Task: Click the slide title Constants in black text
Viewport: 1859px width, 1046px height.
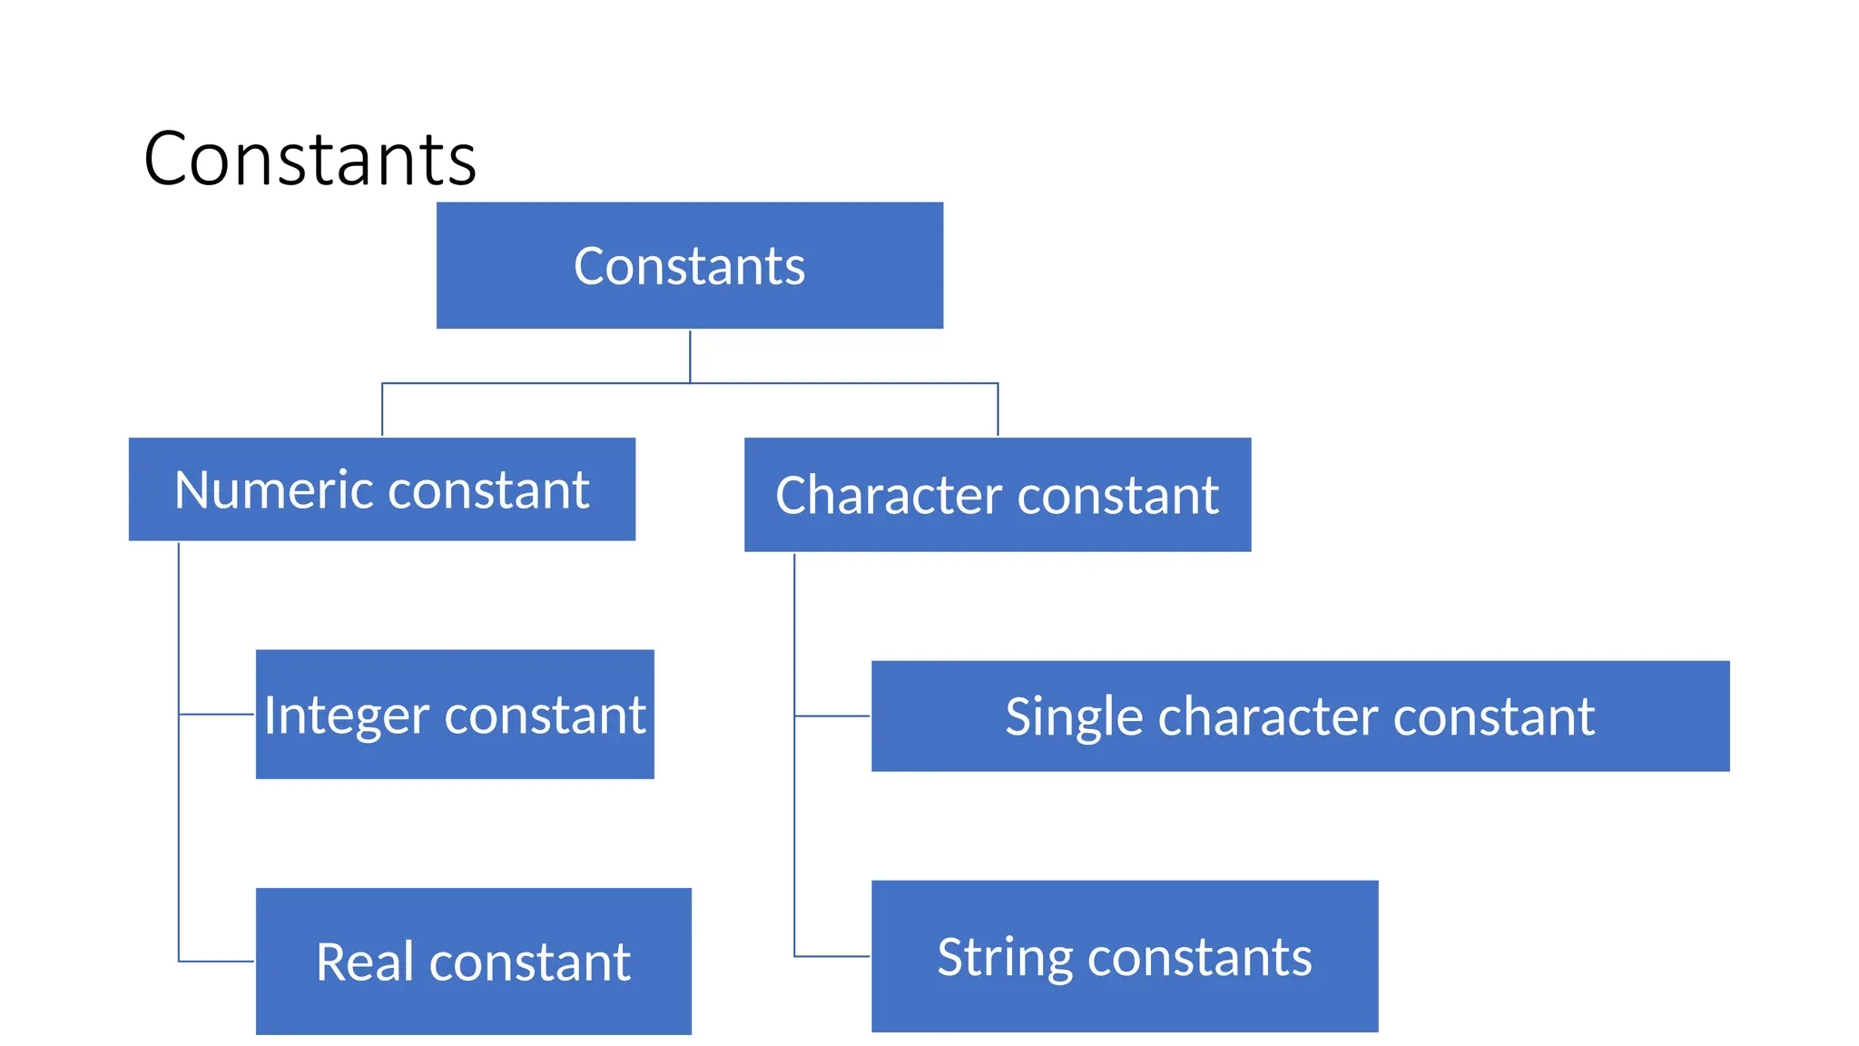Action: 310,159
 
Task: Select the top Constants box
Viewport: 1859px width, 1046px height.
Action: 689,265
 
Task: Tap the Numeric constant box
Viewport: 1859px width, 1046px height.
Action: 381,489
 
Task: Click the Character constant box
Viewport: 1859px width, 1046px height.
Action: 997,495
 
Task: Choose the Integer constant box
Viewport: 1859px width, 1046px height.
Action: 454,715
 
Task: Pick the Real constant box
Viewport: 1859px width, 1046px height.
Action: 473,962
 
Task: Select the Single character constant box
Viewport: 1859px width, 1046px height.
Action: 1300,716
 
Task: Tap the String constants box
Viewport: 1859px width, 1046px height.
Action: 1124,956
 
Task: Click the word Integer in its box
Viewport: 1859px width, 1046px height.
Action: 346,715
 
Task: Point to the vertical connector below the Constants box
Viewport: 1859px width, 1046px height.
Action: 690,356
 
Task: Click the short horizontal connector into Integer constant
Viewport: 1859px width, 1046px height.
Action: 216,715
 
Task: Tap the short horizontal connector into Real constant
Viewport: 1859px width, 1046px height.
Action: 216,961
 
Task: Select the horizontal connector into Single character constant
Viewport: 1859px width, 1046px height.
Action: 831,716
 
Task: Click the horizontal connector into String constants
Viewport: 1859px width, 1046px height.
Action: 831,956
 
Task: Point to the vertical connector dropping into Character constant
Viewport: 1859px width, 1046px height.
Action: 998,410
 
